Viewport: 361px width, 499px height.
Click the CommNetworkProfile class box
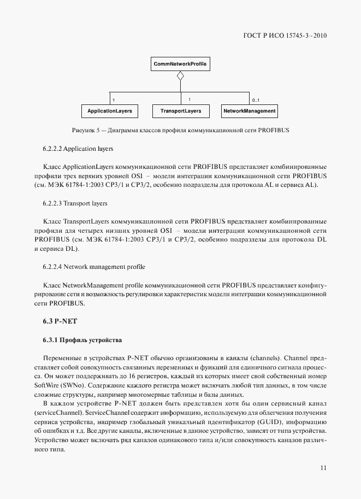[180, 64]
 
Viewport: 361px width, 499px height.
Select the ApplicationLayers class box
[109, 111]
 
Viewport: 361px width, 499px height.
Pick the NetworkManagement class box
[249, 111]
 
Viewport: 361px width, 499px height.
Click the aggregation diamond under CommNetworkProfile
[180, 76]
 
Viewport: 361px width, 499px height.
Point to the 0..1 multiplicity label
[255, 100]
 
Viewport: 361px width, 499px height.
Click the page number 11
[323, 467]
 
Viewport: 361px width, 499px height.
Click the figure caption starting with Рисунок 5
[180, 131]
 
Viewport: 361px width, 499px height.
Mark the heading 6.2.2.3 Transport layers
[75, 203]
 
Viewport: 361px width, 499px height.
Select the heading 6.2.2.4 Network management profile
[93, 267]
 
